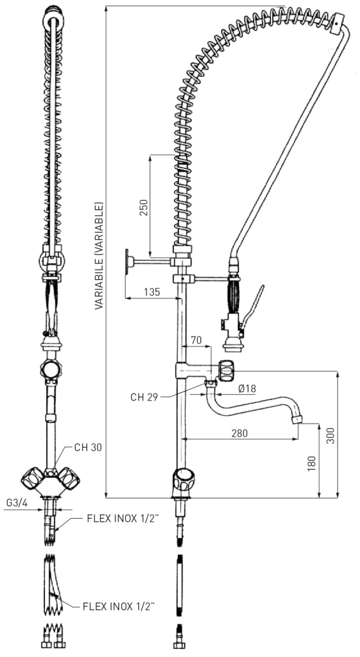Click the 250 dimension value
pos(144,207)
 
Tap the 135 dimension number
pos(152,292)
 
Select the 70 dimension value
pos(196,340)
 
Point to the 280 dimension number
pos(239,433)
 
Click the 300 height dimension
pos(331,435)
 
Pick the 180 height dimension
pos(312,464)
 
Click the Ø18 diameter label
pos(247,389)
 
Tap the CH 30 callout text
pos(88,447)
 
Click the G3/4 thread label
pos(17,503)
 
